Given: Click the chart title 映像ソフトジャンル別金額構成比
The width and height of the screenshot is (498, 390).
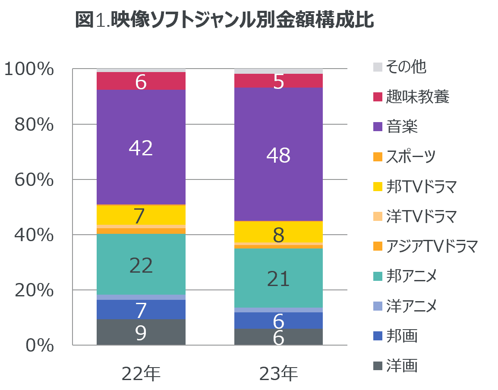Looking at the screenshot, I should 224,20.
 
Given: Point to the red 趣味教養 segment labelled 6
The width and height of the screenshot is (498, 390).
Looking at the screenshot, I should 141,81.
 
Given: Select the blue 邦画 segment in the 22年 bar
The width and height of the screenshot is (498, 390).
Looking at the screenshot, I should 141,309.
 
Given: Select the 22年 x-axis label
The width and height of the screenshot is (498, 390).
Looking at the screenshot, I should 141,374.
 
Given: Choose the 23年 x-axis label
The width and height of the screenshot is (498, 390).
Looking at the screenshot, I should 278,374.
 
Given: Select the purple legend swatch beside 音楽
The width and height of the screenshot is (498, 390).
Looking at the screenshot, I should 378,127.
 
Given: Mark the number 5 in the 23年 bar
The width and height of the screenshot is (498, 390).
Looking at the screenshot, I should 278,82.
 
